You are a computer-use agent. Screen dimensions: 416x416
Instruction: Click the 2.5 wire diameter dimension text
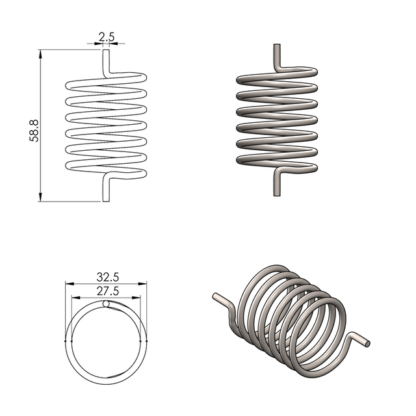tap(107, 38)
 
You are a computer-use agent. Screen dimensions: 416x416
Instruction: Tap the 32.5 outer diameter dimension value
tap(107, 276)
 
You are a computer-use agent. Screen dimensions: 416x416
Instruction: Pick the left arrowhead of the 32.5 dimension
tap(69, 283)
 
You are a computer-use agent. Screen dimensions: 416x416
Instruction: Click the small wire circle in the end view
tap(107, 304)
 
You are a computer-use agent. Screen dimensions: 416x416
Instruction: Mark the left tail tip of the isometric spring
tap(215, 297)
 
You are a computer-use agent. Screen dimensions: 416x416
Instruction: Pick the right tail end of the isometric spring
tap(367, 341)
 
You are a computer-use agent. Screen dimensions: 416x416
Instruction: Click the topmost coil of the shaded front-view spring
tap(277, 75)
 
